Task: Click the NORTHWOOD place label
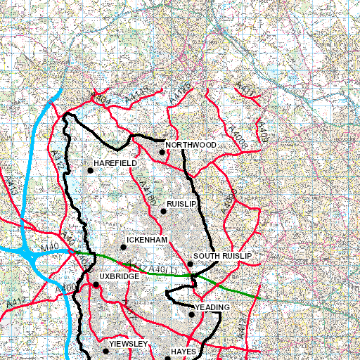tap(191, 144)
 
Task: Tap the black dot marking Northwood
tap(162, 152)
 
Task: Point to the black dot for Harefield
tap(90, 170)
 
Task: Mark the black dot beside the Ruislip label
tap(163, 211)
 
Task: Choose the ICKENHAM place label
tap(147, 240)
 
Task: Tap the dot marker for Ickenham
tap(123, 247)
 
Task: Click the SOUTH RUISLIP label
tap(222, 256)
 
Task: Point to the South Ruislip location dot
tap(190, 264)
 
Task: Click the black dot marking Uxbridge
tap(96, 285)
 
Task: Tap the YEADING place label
tap(212, 307)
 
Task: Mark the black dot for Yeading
tap(191, 314)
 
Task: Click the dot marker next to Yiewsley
tap(105, 350)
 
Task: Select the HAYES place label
tap(182, 350)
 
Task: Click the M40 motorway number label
tap(49, 248)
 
